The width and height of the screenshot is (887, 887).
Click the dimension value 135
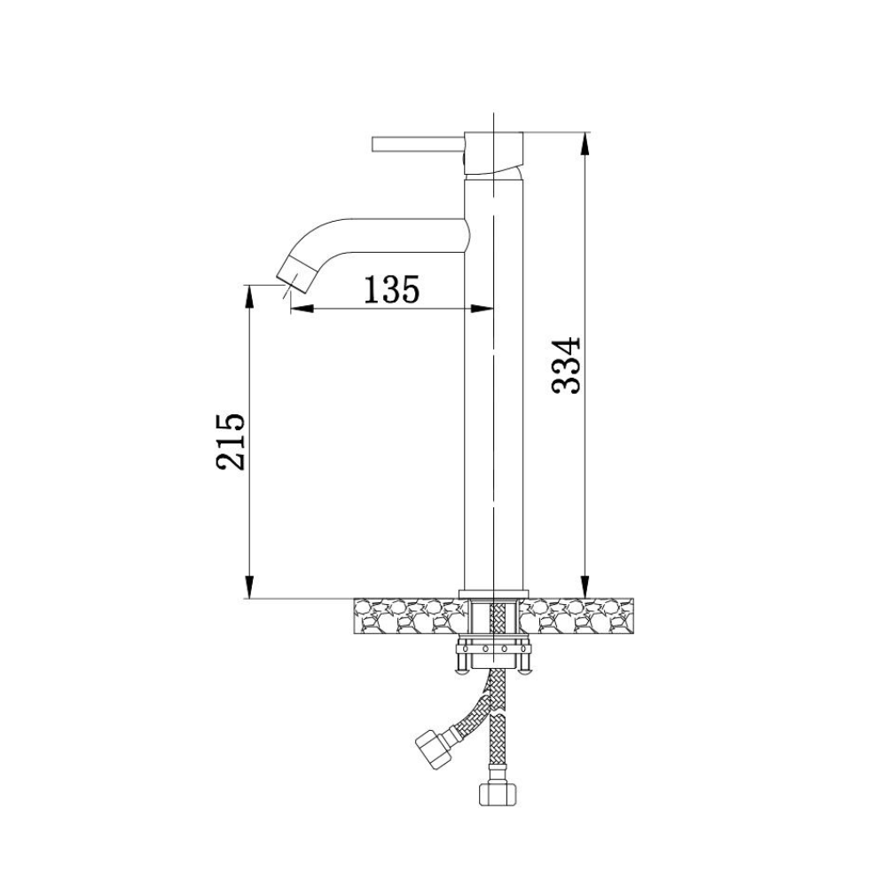[391, 289]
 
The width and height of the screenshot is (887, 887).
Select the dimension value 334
[566, 365]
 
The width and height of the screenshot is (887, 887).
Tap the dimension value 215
[231, 441]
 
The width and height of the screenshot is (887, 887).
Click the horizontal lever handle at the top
[419, 144]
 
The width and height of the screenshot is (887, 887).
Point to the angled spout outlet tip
[295, 274]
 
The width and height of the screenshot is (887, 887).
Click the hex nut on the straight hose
[498, 793]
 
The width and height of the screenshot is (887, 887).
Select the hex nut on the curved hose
[434, 749]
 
